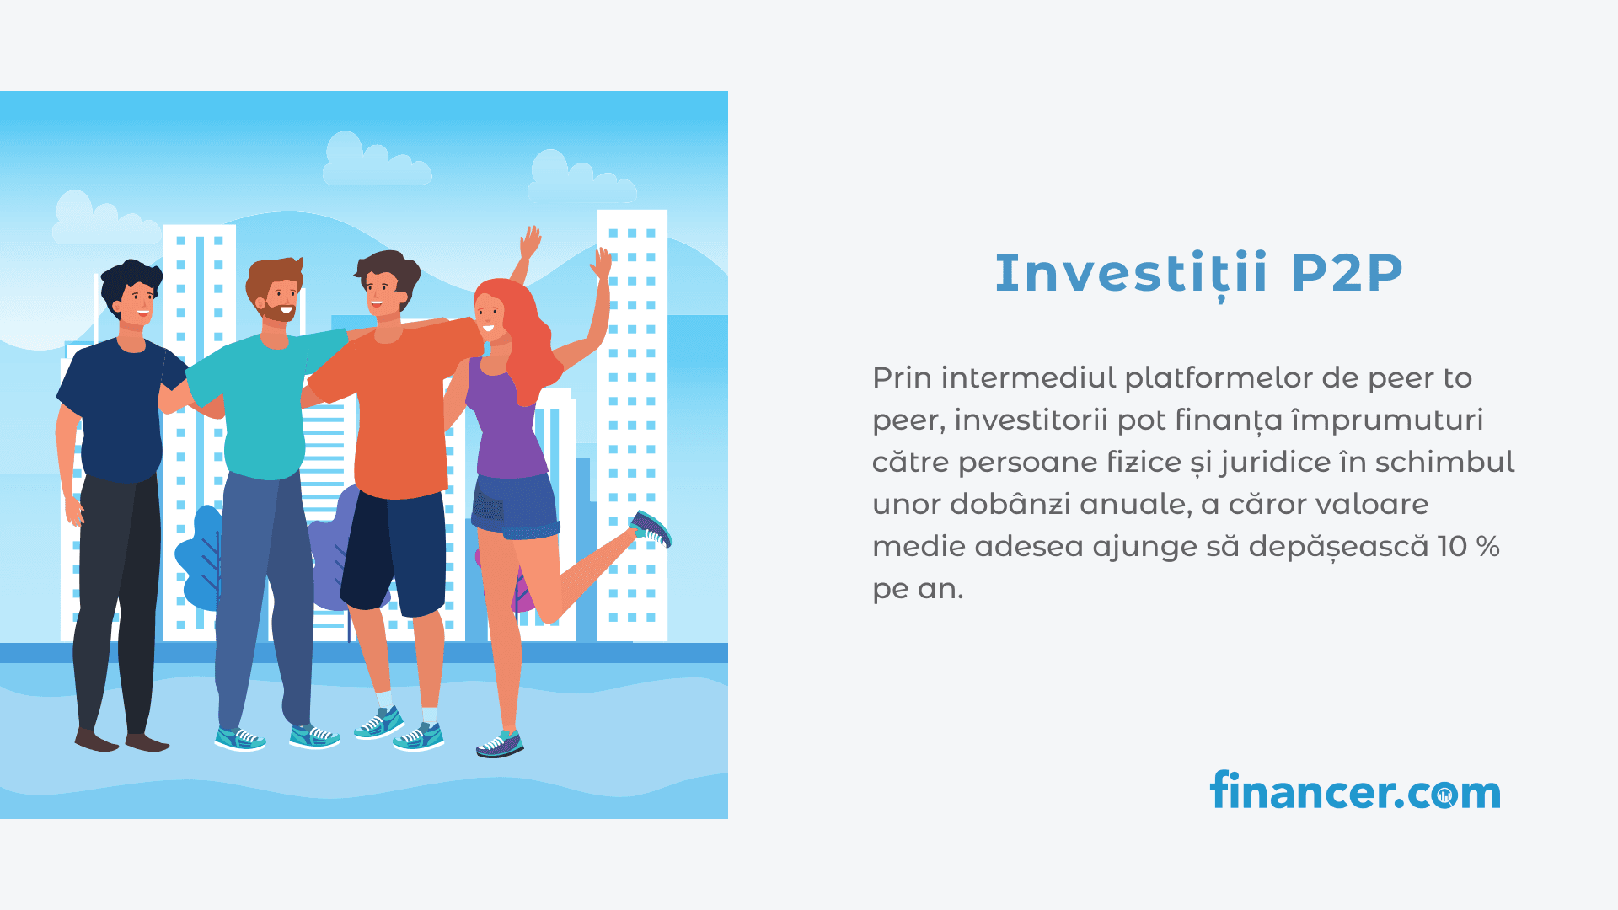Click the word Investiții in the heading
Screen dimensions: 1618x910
coord(1131,274)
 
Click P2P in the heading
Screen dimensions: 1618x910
coord(1347,273)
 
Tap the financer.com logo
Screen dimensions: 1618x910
coord(1355,790)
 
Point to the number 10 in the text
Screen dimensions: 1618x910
coord(1453,546)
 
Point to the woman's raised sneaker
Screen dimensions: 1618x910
coord(651,528)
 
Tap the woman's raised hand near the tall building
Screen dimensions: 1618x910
coord(602,264)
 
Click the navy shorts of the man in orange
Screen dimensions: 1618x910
coord(394,552)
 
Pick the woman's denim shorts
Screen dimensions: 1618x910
coord(515,505)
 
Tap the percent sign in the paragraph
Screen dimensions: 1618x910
coord(1488,546)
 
